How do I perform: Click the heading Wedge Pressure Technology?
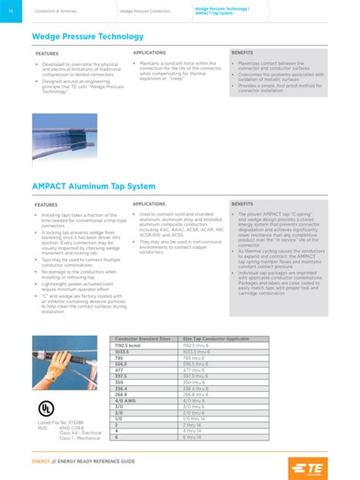point(88,36)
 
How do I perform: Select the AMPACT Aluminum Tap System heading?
point(93,186)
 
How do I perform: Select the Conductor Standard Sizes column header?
point(141,338)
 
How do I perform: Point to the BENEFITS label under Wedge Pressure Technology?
point(243,53)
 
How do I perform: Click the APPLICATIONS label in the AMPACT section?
point(150,204)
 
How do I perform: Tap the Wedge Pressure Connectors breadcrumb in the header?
point(144,11)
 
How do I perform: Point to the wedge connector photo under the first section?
point(65,137)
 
